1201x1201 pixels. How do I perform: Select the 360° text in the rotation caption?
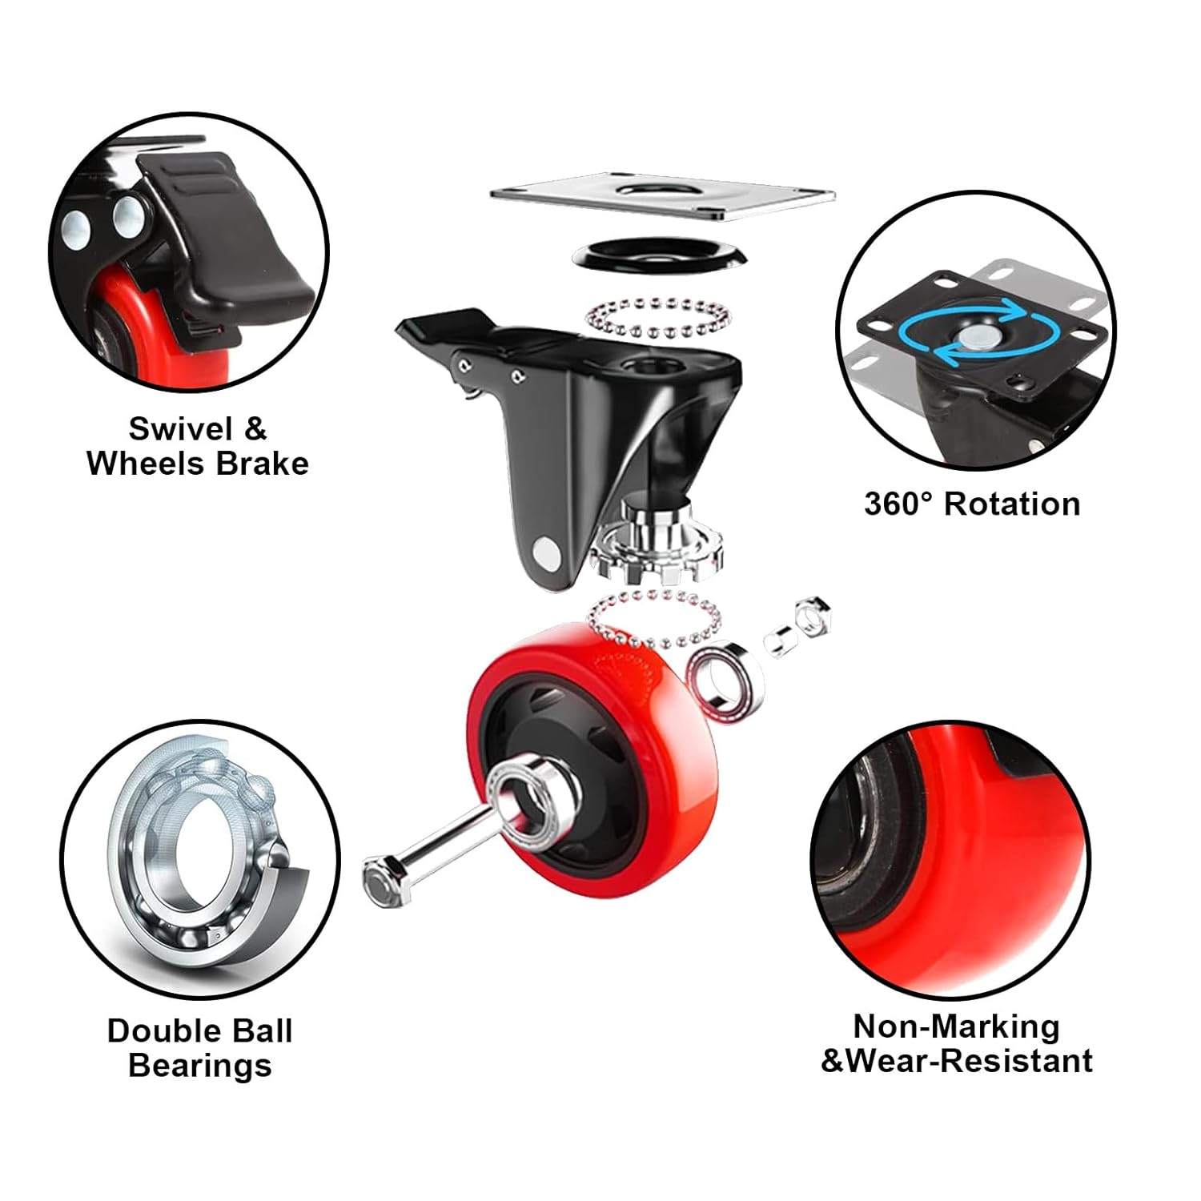click(x=898, y=504)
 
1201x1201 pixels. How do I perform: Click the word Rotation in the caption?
click(x=1012, y=504)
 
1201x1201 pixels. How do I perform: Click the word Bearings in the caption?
click(x=200, y=1066)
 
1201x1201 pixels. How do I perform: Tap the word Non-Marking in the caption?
click(x=956, y=1026)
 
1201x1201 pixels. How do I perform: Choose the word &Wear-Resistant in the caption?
click(x=958, y=1062)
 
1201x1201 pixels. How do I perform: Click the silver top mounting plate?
click(x=662, y=195)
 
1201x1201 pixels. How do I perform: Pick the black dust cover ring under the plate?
click(x=660, y=253)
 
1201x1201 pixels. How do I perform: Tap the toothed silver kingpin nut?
click(x=657, y=548)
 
